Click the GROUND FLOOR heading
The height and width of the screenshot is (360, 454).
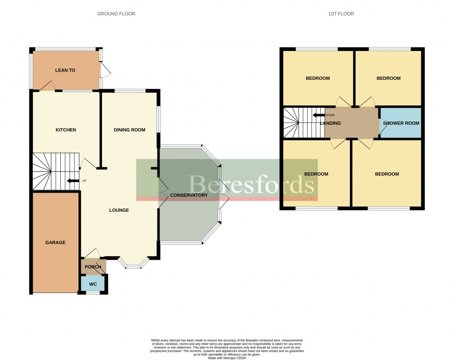(x=116, y=14)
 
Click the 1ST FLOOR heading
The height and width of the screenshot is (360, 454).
(x=341, y=14)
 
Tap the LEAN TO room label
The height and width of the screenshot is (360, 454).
(x=65, y=70)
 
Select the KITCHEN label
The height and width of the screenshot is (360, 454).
(x=66, y=130)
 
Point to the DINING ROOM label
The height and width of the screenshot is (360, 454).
(x=129, y=130)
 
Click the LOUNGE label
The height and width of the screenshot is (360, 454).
(x=119, y=210)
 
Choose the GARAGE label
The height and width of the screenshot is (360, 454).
(x=55, y=243)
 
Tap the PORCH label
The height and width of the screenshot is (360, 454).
(x=93, y=267)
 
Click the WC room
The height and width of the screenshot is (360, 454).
(x=93, y=284)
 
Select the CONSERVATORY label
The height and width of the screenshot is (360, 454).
(x=189, y=195)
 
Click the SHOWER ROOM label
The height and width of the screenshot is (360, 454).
(x=401, y=123)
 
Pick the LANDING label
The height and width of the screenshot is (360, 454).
(x=330, y=123)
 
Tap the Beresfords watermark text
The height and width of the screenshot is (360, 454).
(x=252, y=184)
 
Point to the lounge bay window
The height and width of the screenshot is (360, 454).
(x=133, y=265)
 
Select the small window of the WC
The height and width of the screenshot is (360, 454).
(x=93, y=293)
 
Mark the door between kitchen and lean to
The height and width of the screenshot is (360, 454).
(x=47, y=86)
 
